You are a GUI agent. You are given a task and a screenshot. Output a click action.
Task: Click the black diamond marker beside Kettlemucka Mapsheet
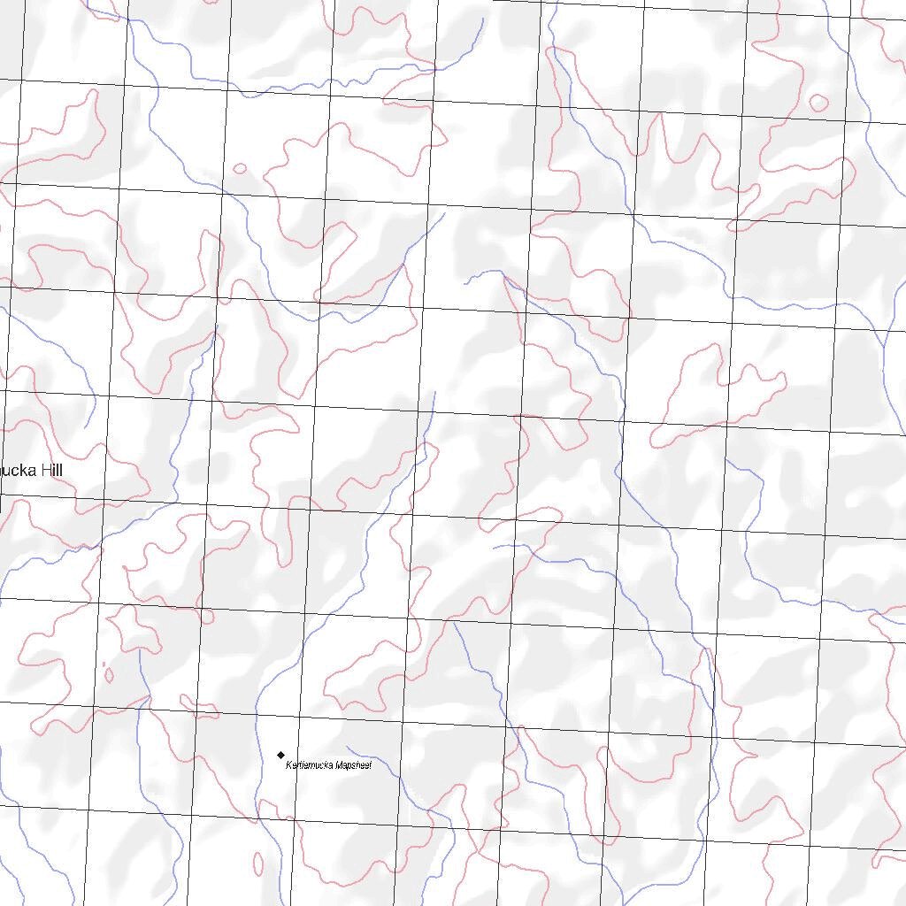point(281,755)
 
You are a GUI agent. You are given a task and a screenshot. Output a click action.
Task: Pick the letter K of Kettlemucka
point(288,764)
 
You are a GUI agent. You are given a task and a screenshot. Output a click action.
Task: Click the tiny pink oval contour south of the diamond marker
point(257,863)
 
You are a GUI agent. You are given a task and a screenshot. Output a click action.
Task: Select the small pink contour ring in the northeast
point(818,103)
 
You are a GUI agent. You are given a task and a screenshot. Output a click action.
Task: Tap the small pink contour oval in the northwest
point(240,168)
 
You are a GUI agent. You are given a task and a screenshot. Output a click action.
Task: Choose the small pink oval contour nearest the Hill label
point(109,675)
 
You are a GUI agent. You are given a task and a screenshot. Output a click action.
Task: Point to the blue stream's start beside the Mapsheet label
point(347,748)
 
